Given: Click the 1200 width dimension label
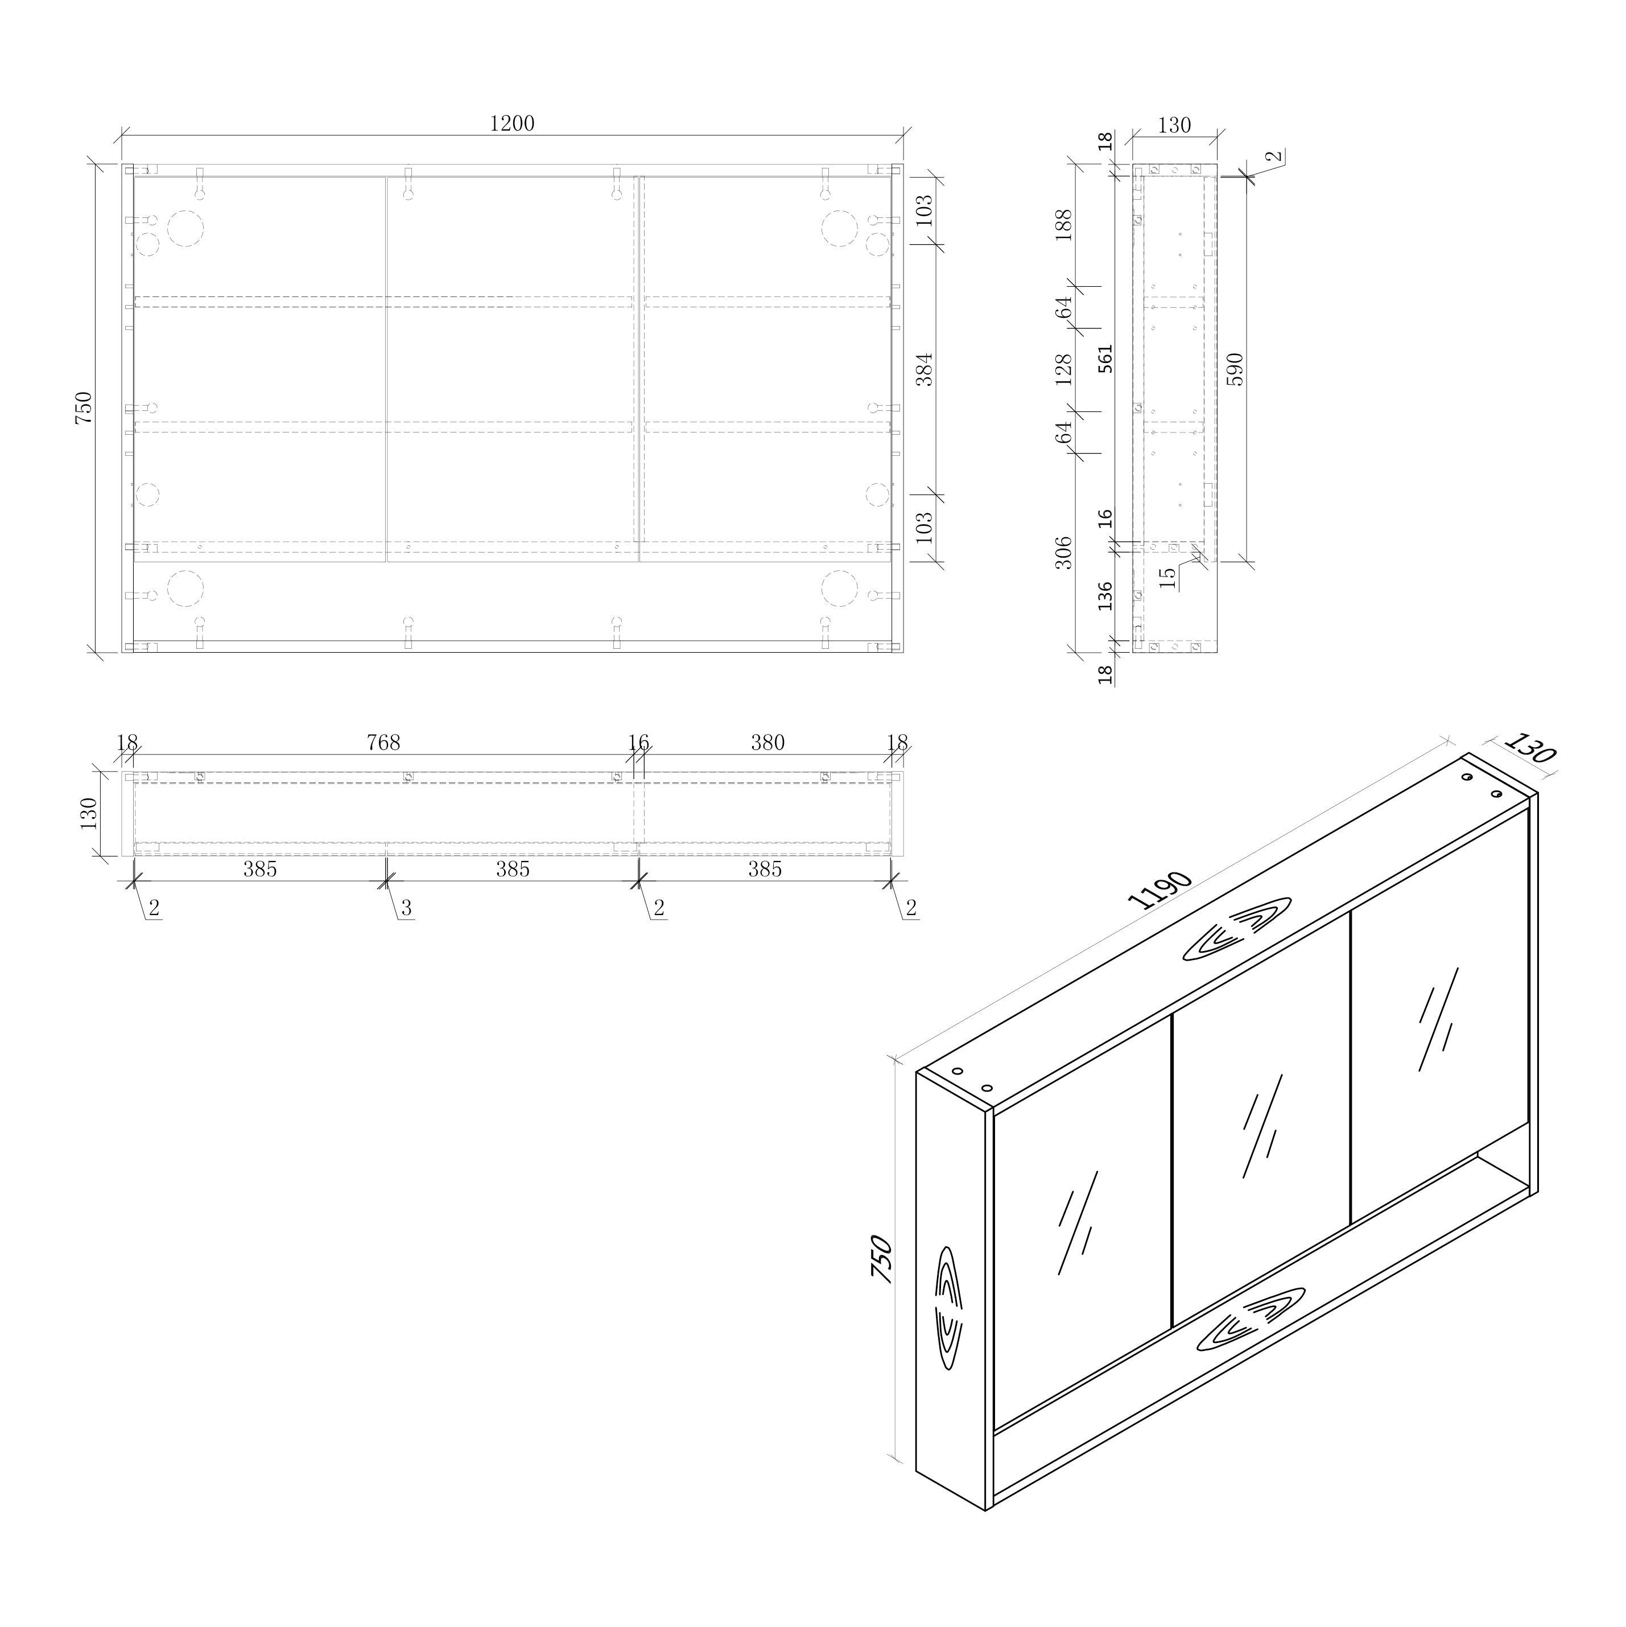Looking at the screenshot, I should (512, 124).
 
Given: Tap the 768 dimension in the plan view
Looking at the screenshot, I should (383, 743).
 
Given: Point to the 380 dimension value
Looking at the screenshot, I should (767, 743).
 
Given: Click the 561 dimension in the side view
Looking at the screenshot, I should (1105, 359).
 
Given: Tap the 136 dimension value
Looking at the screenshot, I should (1105, 595).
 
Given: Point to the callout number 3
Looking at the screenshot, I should (406, 908).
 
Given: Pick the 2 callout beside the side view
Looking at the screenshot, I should (1275, 156).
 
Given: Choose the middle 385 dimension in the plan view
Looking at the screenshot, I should (512, 869).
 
